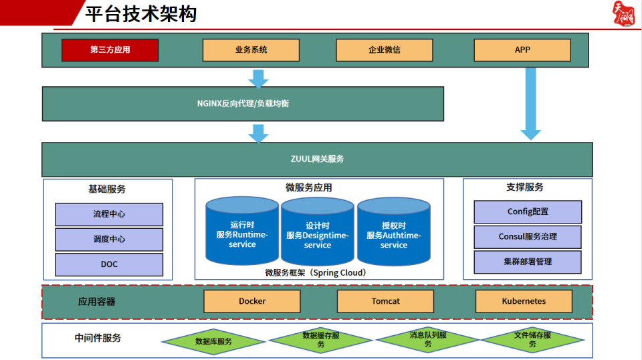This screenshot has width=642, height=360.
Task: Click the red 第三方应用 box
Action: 110,50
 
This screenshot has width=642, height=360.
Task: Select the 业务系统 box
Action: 251,50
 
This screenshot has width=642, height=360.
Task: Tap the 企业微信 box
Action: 384,50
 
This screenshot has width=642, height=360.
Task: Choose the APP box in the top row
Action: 522,50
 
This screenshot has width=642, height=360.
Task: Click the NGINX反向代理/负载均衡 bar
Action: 243,104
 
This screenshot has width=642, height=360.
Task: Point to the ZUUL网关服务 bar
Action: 317,159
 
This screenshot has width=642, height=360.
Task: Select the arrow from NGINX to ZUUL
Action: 258,132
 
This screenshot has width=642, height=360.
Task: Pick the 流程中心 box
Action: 109,215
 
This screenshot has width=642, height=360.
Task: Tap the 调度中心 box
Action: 109,240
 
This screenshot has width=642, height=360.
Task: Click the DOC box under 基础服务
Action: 109,264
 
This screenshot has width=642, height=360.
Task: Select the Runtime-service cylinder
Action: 242,232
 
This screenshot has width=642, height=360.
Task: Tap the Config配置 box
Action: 528,212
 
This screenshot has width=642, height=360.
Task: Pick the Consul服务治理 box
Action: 528,237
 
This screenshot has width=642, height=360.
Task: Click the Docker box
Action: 252,301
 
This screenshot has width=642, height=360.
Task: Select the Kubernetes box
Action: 524,301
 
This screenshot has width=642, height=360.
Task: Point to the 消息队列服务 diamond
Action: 427,340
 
